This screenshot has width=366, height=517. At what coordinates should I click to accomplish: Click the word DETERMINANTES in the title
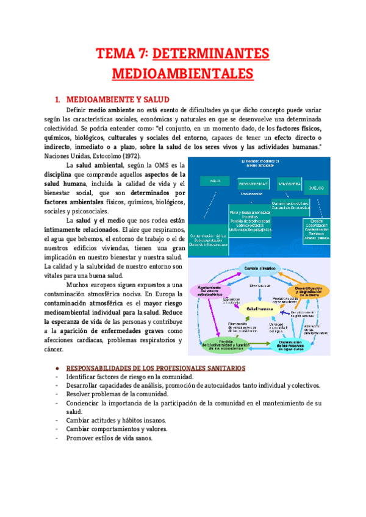tap(210, 54)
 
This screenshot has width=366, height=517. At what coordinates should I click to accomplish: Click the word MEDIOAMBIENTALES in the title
tap(182, 74)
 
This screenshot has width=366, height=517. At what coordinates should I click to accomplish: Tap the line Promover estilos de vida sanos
tap(109, 438)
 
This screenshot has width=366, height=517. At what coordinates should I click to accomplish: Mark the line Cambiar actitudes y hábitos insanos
tap(116, 421)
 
